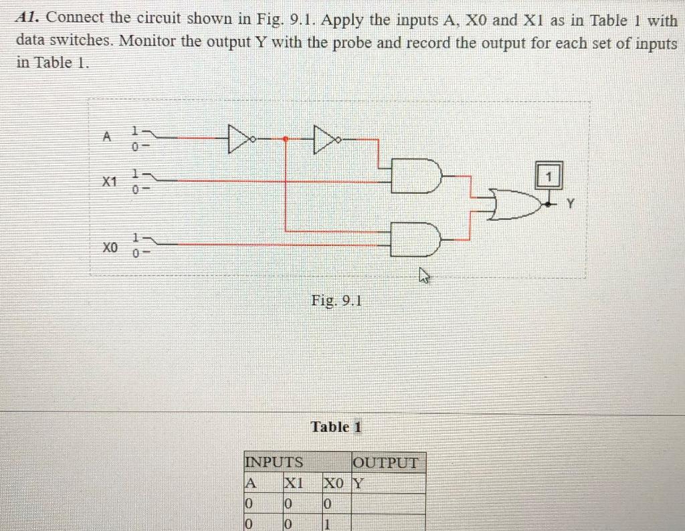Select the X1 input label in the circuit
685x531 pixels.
point(109,181)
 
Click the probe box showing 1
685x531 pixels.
point(549,177)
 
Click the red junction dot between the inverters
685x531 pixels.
point(286,139)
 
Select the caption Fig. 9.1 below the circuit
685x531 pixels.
point(336,301)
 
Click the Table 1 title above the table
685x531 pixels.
point(336,427)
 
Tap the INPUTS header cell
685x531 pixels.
point(275,462)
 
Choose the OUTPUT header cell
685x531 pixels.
point(387,463)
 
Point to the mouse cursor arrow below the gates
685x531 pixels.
point(423,274)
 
